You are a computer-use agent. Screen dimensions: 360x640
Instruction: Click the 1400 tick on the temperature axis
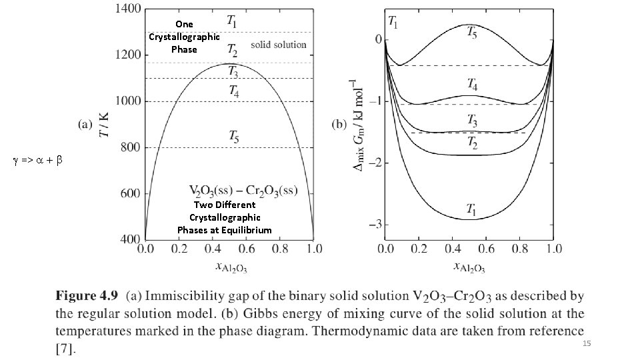(x=127, y=9)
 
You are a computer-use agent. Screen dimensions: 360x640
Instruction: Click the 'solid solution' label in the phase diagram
(x=278, y=45)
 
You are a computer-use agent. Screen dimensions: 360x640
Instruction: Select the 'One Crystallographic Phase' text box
(x=184, y=37)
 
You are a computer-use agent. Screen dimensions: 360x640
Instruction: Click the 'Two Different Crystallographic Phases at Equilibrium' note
(x=224, y=217)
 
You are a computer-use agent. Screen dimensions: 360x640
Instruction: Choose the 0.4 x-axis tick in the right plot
(x=453, y=249)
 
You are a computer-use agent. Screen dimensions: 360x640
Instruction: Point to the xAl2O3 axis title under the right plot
(x=470, y=268)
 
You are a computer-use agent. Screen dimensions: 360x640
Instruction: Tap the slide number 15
(x=587, y=343)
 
